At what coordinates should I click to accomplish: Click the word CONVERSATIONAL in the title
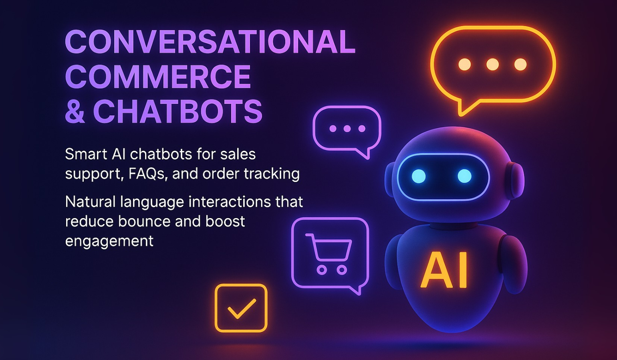coord(210,42)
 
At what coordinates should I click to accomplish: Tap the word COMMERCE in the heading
coord(158,77)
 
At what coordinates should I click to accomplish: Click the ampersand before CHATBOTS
coord(75,112)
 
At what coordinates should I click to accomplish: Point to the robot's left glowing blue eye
coord(419,176)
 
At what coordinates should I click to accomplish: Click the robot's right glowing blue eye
coord(464,176)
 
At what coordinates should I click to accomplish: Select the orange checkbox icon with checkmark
coord(241,308)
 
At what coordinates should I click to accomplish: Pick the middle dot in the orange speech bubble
coord(492,64)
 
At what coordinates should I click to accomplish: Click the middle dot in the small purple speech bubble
coord(347,129)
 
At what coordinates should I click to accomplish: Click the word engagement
coord(109,241)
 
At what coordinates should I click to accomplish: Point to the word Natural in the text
coord(90,202)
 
